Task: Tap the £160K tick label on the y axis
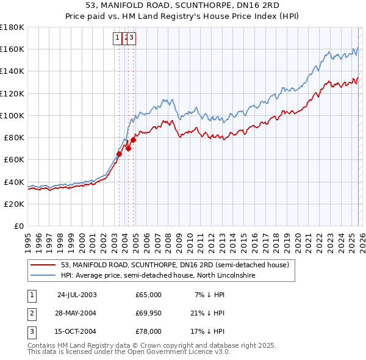[12, 49]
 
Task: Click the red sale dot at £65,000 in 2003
[120, 154]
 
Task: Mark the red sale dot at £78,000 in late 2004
[133, 140]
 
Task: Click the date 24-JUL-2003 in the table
[76, 295]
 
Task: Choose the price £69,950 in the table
[148, 313]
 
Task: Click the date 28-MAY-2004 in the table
[76, 313]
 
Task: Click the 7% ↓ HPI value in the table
[210, 295]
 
